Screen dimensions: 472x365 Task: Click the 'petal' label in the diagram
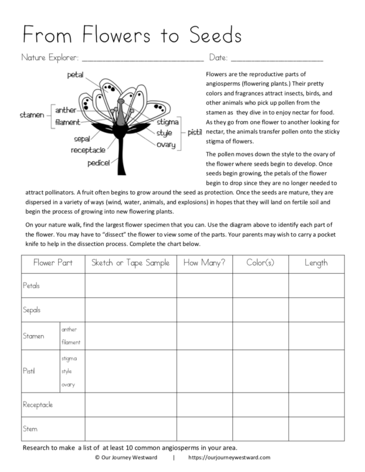click(x=75, y=75)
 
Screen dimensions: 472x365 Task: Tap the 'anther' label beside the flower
click(x=66, y=110)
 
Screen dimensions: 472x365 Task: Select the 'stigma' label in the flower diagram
click(x=168, y=122)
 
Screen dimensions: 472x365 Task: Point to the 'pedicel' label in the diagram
click(x=99, y=163)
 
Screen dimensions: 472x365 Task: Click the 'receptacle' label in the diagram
click(x=88, y=150)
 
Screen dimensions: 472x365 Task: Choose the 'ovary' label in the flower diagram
click(x=166, y=145)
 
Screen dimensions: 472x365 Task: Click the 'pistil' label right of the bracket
click(x=194, y=133)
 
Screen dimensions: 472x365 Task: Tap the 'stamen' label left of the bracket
click(x=32, y=115)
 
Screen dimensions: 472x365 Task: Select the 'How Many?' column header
click(x=204, y=263)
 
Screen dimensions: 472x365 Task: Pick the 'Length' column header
click(x=316, y=263)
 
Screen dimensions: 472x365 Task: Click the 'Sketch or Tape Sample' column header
click(x=130, y=263)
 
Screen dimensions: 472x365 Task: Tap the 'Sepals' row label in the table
click(x=32, y=310)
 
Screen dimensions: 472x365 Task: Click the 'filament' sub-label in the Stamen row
click(x=71, y=342)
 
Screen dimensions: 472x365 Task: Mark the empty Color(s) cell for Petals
click(x=260, y=286)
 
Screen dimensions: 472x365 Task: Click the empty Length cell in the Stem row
click(x=316, y=429)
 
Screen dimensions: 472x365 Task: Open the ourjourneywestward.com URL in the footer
click(x=229, y=457)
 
